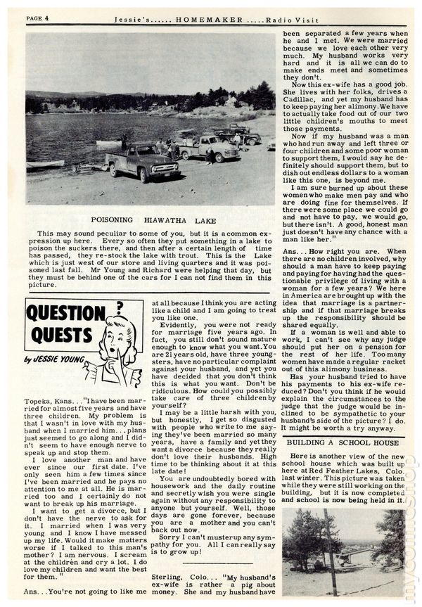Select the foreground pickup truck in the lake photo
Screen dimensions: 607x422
point(143,161)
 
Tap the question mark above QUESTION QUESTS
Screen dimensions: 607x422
point(120,305)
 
